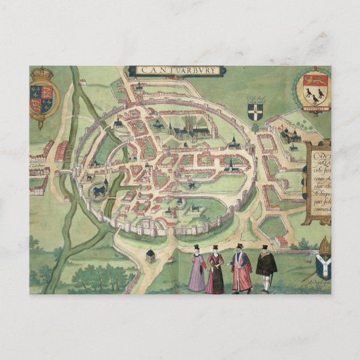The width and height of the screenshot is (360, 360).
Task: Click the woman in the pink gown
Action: tap(197, 269)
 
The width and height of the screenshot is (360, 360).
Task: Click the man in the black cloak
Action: tap(266, 265)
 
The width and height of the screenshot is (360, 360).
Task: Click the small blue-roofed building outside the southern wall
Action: tap(150, 255)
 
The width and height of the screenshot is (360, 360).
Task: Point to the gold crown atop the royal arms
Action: tap(43, 72)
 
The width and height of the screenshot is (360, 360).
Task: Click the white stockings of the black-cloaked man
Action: tap(265, 282)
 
